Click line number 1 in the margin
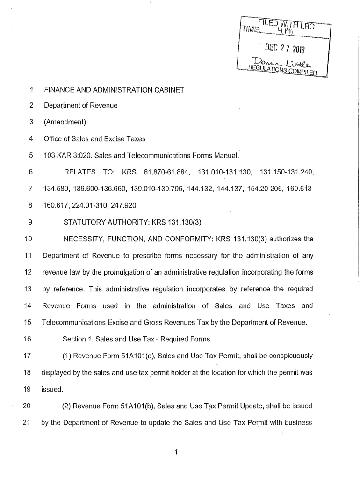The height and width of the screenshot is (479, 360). tap(30, 89)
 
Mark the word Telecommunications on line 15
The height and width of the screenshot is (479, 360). tap(74, 322)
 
